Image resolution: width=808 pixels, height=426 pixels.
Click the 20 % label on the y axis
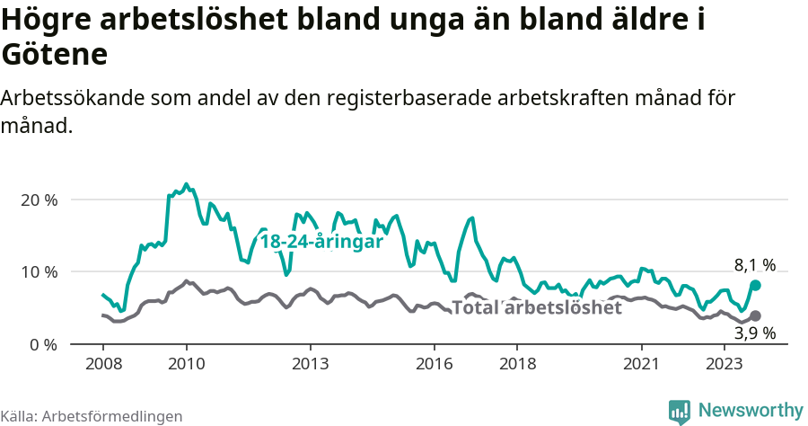click(39, 200)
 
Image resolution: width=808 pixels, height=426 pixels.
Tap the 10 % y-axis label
click(39, 271)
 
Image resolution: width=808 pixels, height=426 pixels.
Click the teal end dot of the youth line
click(755, 285)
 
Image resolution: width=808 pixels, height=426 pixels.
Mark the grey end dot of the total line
click(755, 315)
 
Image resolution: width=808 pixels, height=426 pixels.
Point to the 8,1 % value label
click(754, 265)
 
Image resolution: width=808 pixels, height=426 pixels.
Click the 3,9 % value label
click(754, 333)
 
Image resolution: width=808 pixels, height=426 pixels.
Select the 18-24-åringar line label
click(321, 242)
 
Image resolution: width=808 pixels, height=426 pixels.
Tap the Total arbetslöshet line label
click(536, 308)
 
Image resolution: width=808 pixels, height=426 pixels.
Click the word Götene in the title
click(56, 54)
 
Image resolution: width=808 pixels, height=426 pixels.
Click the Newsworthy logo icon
click(680, 412)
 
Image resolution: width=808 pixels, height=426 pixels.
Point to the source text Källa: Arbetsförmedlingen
click(92, 416)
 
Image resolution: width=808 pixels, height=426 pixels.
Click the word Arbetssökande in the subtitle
click(71, 98)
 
